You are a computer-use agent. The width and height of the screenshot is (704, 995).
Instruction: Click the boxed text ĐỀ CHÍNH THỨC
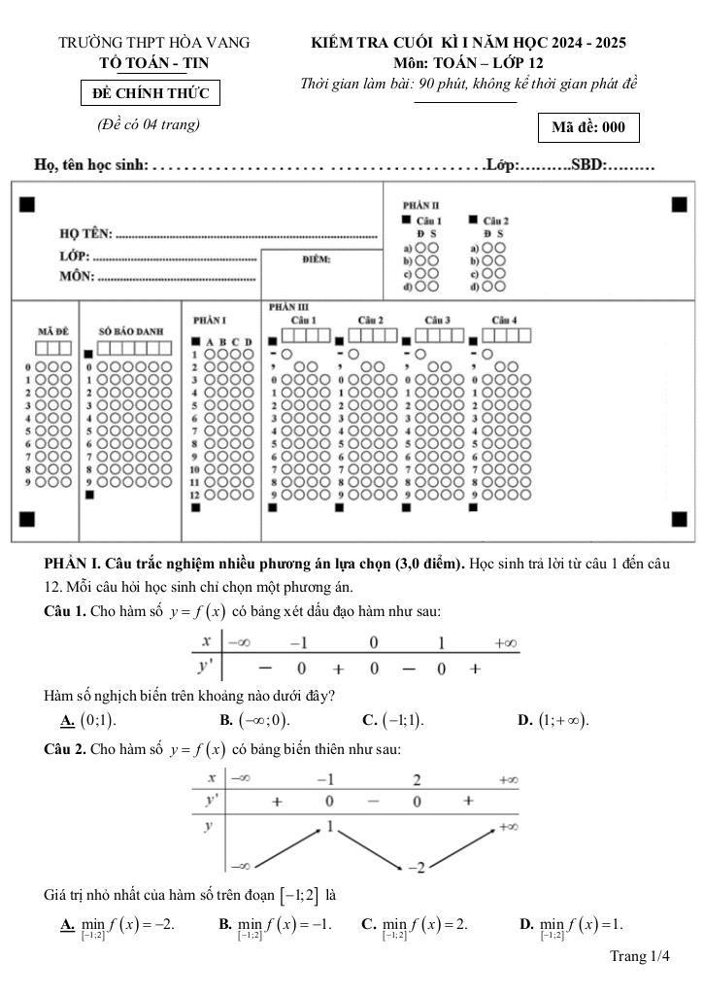150,93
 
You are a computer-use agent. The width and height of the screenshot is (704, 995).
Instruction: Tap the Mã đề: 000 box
588,127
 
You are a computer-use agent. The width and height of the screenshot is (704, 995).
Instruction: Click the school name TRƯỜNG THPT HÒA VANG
154,43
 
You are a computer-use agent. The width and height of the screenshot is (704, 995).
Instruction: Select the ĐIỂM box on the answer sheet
317,259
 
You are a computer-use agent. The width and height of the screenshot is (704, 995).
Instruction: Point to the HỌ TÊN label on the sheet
86,233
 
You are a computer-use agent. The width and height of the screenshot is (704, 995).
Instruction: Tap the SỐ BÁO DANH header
131,331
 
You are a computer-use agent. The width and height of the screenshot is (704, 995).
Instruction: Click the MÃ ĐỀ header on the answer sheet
52,331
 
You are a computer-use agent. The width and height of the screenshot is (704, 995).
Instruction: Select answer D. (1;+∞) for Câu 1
554,720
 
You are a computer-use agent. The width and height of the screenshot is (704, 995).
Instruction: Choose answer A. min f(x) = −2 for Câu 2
117,924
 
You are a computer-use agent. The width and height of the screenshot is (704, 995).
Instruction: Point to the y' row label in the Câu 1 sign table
207,667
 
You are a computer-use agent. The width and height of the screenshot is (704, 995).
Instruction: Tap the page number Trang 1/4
640,957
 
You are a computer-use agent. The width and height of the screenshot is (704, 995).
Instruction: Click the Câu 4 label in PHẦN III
504,320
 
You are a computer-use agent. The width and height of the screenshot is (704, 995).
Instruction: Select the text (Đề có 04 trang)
149,123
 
